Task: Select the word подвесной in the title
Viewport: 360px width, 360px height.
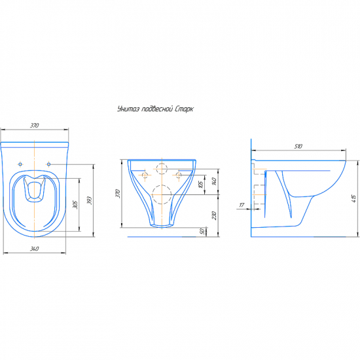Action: [157, 109]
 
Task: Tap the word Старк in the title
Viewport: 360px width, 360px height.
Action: [184, 109]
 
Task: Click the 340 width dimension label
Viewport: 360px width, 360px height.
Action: [35, 249]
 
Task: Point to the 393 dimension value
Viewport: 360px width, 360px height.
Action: [90, 200]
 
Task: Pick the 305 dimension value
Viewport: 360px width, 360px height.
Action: [75, 205]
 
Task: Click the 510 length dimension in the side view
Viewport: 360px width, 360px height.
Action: [298, 146]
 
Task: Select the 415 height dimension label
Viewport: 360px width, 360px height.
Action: [353, 198]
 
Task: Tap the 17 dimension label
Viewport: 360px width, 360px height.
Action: [242, 205]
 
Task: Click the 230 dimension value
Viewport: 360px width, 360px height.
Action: [215, 215]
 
